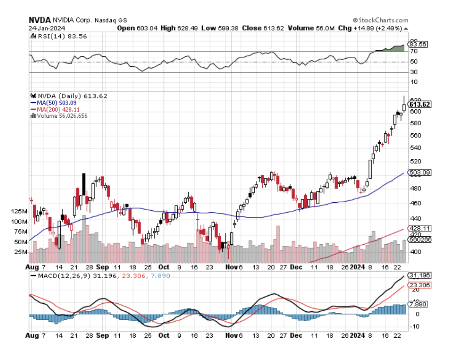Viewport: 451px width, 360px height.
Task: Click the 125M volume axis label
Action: point(20,211)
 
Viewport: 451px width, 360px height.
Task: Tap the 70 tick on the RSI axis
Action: point(413,51)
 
